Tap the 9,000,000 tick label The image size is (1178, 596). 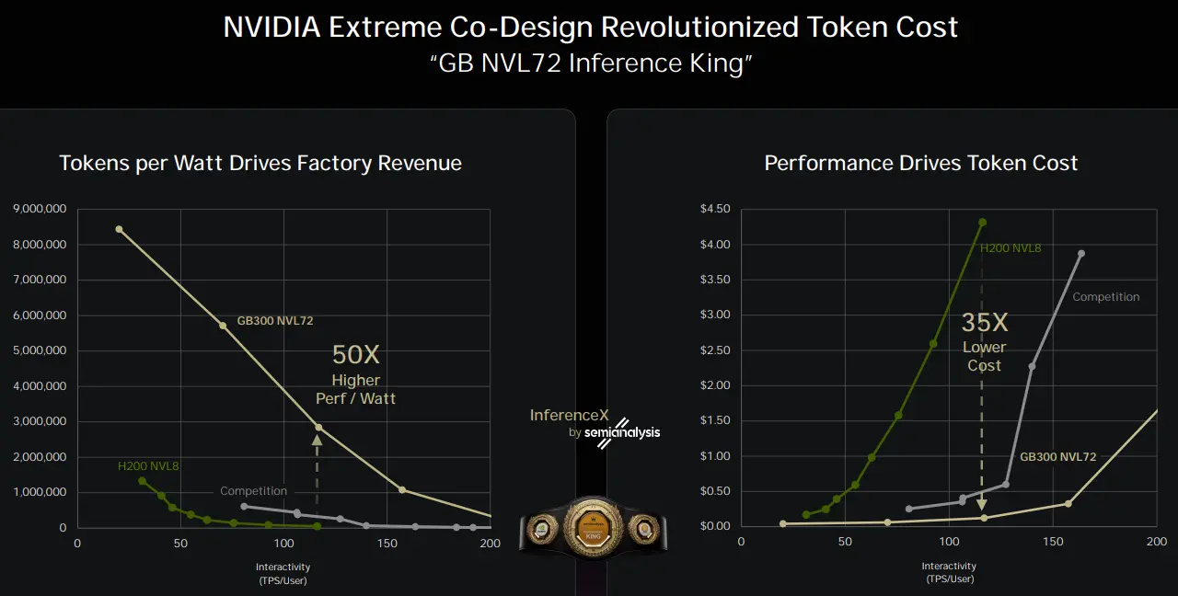pyautogui.click(x=40, y=209)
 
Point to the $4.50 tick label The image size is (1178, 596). pyautogui.click(x=715, y=209)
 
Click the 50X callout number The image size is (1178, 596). pyautogui.click(x=355, y=355)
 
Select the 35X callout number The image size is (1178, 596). pyautogui.click(x=985, y=323)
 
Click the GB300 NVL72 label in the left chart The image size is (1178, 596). pyautogui.click(x=275, y=321)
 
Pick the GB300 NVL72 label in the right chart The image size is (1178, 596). pyautogui.click(x=1057, y=457)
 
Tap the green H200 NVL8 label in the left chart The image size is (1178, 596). pyautogui.click(x=148, y=466)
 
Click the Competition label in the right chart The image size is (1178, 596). pyautogui.click(x=1105, y=297)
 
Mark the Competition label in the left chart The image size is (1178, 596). pyautogui.click(x=253, y=491)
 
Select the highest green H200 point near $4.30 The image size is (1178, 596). pyautogui.click(x=982, y=222)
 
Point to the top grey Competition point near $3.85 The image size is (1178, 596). pyautogui.click(x=1080, y=253)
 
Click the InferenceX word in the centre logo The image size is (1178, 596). pyautogui.click(x=570, y=416)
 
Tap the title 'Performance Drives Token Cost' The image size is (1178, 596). pyautogui.click(x=920, y=163)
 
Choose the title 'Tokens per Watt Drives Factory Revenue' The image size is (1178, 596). pyautogui.click(x=260, y=163)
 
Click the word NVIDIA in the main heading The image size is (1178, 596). pyautogui.click(x=271, y=27)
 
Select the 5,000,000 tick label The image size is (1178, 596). pyautogui.click(x=40, y=350)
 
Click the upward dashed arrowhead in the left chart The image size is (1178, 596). pyautogui.click(x=318, y=440)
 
